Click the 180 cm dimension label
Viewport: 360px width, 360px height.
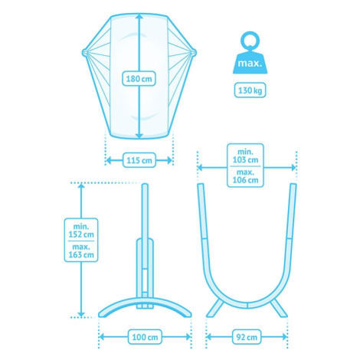pos(139,79)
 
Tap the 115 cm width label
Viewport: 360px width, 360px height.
pos(139,160)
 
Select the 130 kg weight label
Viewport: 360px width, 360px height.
pos(250,90)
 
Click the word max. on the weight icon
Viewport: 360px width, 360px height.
pos(250,63)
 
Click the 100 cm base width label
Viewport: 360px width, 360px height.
pos(145,337)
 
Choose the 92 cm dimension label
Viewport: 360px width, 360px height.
pos(247,337)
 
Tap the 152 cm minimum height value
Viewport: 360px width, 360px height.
pos(81,234)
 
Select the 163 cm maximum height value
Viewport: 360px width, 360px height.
pos(81,254)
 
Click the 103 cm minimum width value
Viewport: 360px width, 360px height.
pos(245,160)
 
